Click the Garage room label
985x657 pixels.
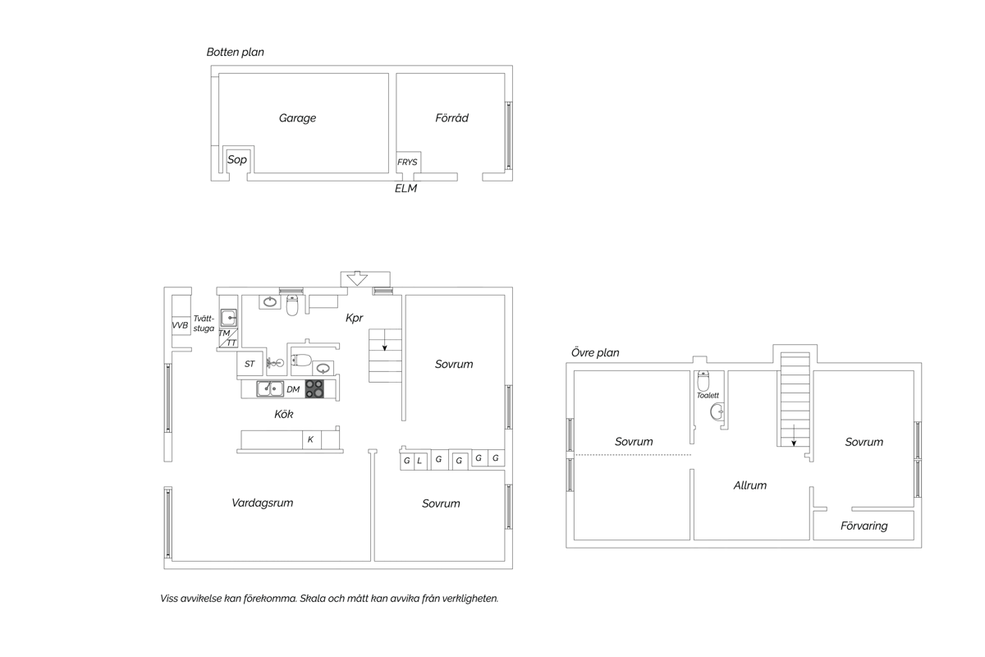tap(297, 118)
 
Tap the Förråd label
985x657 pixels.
tap(451, 117)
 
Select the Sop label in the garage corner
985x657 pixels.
tap(237, 159)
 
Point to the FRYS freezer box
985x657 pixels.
tap(409, 162)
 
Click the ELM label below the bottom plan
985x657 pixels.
tap(405, 188)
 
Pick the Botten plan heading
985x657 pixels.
tap(236, 52)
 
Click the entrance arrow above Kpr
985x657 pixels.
tap(356, 278)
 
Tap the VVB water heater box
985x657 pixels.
tap(181, 326)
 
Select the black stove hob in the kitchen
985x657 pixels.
tap(314, 388)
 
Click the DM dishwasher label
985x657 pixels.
tap(293, 389)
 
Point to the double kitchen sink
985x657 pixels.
tap(270, 388)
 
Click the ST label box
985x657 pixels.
tap(250, 364)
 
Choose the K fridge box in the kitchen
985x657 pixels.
tap(312, 439)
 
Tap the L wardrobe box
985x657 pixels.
tap(420, 461)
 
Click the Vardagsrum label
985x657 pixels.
tap(262, 503)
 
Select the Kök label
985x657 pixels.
tap(284, 414)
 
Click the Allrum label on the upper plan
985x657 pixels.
tap(749, 485)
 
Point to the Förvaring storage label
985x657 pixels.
tap(864, 526)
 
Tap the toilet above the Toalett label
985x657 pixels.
tap(703, 381)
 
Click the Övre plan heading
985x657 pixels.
tap(595, 352)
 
